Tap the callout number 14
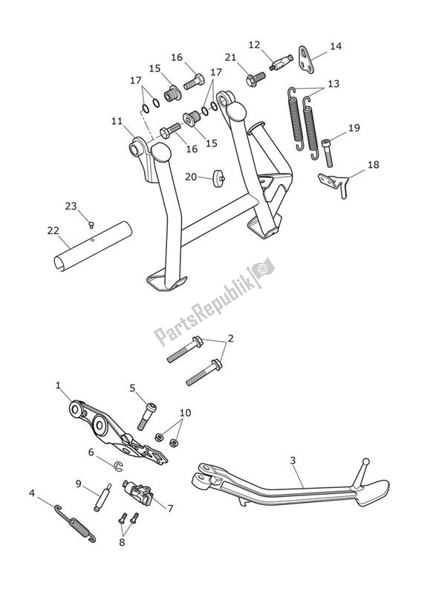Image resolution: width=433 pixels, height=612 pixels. tap(336, 46)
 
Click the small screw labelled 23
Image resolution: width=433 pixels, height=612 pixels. tap(91, 224)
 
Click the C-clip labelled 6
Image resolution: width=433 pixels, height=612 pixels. tap(120, 466)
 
